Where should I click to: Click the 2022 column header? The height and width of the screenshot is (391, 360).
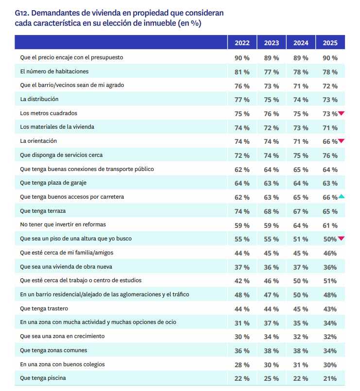[242, 43]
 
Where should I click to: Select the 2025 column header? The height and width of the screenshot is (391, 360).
[330, 43]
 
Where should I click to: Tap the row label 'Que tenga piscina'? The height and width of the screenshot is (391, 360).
[43, 378]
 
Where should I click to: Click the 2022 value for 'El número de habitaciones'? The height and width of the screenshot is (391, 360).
[242, 72]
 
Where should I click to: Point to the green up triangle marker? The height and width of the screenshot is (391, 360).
[342, 196]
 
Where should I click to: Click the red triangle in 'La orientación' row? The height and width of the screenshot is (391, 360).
[342, 141]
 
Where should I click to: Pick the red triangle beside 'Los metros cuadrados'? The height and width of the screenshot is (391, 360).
[342, 113]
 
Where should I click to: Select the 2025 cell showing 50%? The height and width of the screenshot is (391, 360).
[329, 239]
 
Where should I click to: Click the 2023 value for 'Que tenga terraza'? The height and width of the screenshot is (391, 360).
[272, 211]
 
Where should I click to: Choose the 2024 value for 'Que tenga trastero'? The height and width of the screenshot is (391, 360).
[301, 309]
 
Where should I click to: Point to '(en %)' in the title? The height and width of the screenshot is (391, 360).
[190, 23]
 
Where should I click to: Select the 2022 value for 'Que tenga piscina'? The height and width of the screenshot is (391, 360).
[242, 379]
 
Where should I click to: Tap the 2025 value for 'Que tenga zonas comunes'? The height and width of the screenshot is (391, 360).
[330, 351]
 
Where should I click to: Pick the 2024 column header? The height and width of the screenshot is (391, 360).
[301, 43]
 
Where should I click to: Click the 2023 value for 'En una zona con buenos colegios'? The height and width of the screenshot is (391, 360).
[272, 365]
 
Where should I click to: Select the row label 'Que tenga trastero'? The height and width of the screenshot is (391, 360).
[44, 308]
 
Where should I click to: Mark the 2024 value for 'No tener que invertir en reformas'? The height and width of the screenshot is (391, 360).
[301, 225]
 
